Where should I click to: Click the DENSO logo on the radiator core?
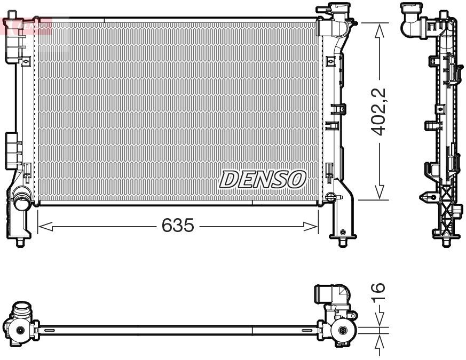tap(262, 179)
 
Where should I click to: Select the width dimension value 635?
tap(177, 226)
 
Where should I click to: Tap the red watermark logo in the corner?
tap(27, 25)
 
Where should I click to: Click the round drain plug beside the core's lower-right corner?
tap(330, 198)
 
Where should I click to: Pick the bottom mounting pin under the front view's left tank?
tap(20, 243)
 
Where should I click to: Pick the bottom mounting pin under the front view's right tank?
tap(342, 243)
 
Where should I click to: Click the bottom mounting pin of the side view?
tap(445, 243)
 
